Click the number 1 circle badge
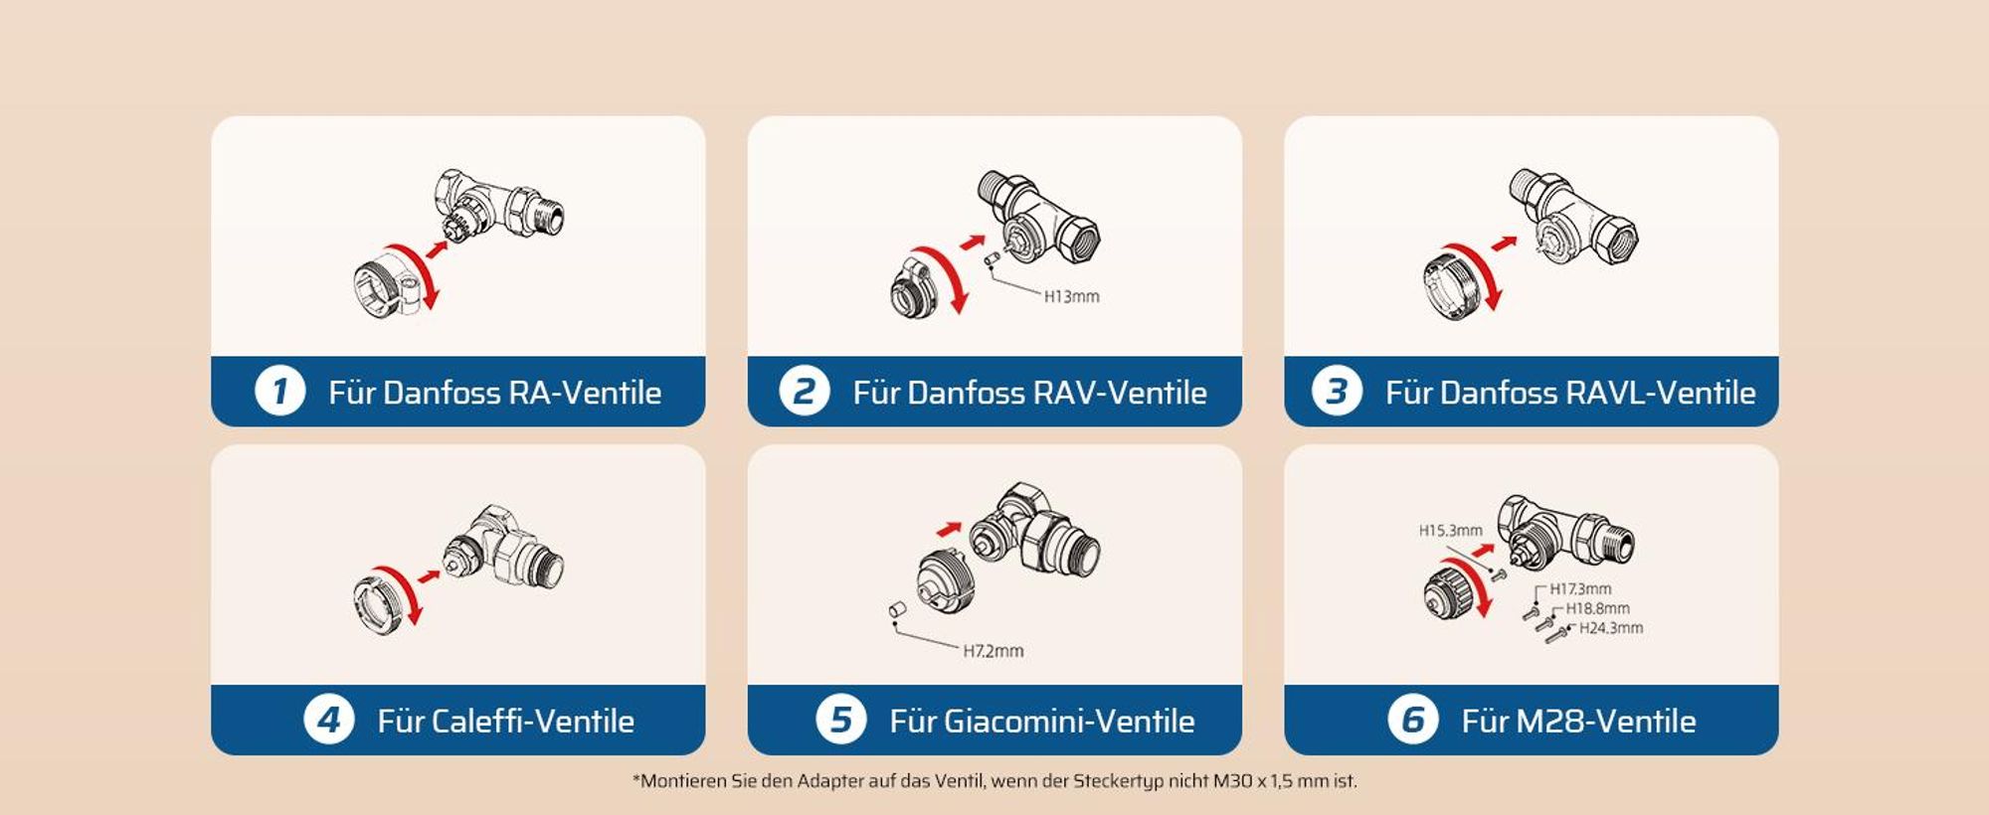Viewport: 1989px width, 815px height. tap(279, 392)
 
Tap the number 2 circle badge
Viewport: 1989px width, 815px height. tap(804, 392)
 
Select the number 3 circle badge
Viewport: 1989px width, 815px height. tap(1337, 392)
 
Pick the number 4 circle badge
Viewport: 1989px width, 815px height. tap(328, 720)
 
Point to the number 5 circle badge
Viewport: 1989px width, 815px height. tap(840, 720)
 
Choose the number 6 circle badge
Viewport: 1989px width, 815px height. tap(1412, 720)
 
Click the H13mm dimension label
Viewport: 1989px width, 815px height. tap(1071, 296)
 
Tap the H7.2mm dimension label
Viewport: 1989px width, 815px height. tap(993, 651)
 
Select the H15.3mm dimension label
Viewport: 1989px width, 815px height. tap(1450, 531)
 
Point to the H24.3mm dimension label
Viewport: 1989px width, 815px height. tap(1611, 628)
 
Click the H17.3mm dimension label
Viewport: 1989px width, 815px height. tap(1580, 589)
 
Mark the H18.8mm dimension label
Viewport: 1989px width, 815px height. tap(1597, 608)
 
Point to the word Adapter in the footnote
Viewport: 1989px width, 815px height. tap(830, 781)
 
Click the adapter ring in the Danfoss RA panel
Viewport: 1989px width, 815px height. tap(382, 287)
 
